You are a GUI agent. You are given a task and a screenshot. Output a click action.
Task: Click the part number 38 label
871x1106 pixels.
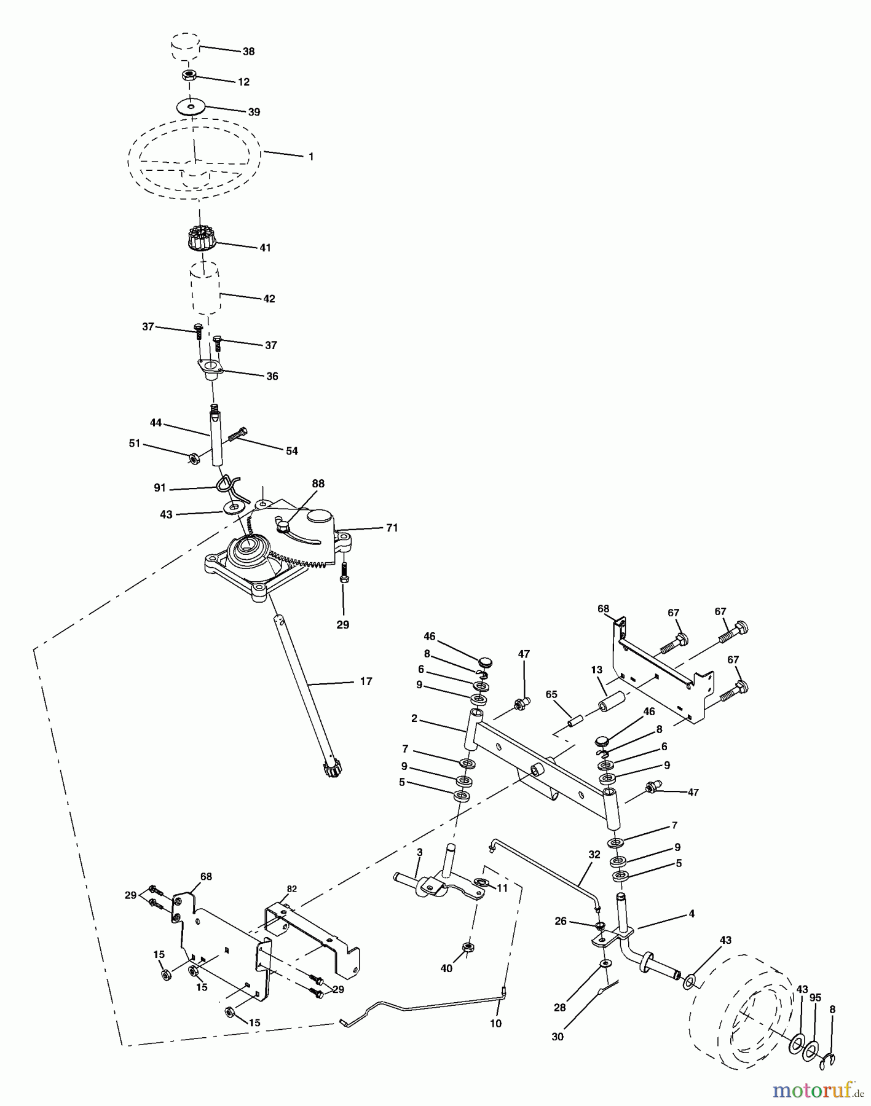coord(248,52)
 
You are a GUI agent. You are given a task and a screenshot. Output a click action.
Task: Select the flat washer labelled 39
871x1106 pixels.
coord(191,106)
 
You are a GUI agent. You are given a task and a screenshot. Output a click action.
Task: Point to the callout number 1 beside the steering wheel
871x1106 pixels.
coord(310,157)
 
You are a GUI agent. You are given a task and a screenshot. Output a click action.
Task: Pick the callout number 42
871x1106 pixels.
coord(269,299)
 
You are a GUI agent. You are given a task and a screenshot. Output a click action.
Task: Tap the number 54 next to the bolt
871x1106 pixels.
coord(291,451)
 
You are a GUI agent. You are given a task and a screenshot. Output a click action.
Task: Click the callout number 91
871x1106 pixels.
coord(160,488)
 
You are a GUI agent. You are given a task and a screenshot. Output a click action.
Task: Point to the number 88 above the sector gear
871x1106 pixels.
coord(318,484)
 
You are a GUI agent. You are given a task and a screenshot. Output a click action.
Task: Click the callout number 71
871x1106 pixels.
coord(392,528)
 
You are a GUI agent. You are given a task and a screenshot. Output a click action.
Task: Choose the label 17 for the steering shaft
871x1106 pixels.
coord(366,681)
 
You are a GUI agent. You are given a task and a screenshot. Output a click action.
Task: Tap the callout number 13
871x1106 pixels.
coord(596,669)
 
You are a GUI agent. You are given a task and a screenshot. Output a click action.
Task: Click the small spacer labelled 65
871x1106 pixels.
coord(577,720)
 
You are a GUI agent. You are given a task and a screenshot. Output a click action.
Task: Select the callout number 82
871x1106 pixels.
coord(291,889)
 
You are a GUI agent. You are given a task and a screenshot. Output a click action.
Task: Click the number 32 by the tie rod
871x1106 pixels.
coord(594,854)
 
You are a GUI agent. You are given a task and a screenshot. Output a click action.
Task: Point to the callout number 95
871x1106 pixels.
coord(815,998)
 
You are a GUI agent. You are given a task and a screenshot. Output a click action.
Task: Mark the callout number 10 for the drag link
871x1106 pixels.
coord(495,1023)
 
